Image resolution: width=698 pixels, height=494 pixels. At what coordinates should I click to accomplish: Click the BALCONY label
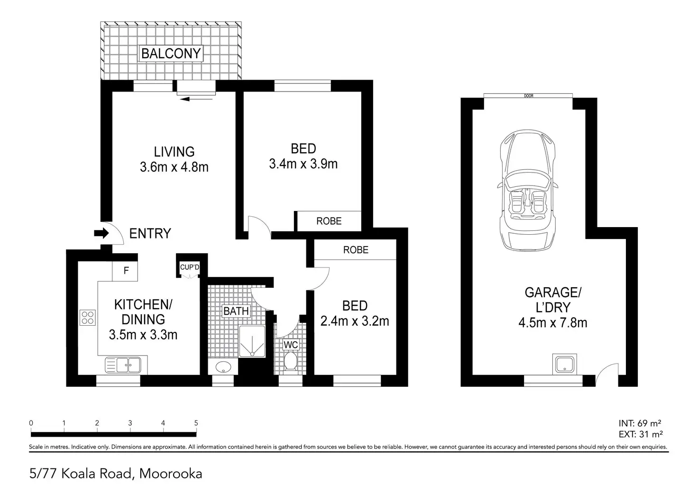pos(171,53)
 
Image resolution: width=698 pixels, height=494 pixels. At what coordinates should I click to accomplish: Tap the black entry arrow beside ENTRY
pos(101,233)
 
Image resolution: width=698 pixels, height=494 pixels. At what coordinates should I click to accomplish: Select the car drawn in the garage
pos(528,190)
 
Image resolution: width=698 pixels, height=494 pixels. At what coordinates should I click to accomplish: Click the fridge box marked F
pos(125,271)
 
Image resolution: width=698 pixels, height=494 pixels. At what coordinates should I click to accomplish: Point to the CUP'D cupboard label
pos(190,267)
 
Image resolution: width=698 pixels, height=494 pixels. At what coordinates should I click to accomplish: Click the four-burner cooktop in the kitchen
pos(88,318)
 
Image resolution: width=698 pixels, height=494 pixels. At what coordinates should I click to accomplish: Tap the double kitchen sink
pos(123,365)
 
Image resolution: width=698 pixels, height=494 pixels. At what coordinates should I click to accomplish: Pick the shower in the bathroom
pos(252,341)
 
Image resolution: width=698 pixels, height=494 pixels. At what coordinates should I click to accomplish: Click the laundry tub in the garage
pos(564,364)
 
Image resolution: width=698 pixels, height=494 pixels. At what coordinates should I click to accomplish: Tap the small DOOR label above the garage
pos(529,96)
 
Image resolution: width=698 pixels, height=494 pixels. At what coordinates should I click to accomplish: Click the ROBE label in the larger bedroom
pos(329,221)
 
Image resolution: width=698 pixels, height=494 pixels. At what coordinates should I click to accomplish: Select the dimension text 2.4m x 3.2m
pos(355,321)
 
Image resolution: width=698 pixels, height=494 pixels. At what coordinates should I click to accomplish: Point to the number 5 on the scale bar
pos(196,423)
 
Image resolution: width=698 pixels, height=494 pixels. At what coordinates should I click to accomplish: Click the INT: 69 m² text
pos(640,423)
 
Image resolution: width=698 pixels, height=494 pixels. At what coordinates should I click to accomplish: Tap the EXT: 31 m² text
pos(641,434)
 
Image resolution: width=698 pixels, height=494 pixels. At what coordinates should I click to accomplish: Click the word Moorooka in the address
pos(171,474)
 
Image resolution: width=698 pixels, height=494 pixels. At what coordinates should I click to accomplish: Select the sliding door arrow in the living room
pos(196,100)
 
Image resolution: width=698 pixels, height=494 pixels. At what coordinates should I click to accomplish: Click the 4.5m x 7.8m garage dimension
pos(553,323)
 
